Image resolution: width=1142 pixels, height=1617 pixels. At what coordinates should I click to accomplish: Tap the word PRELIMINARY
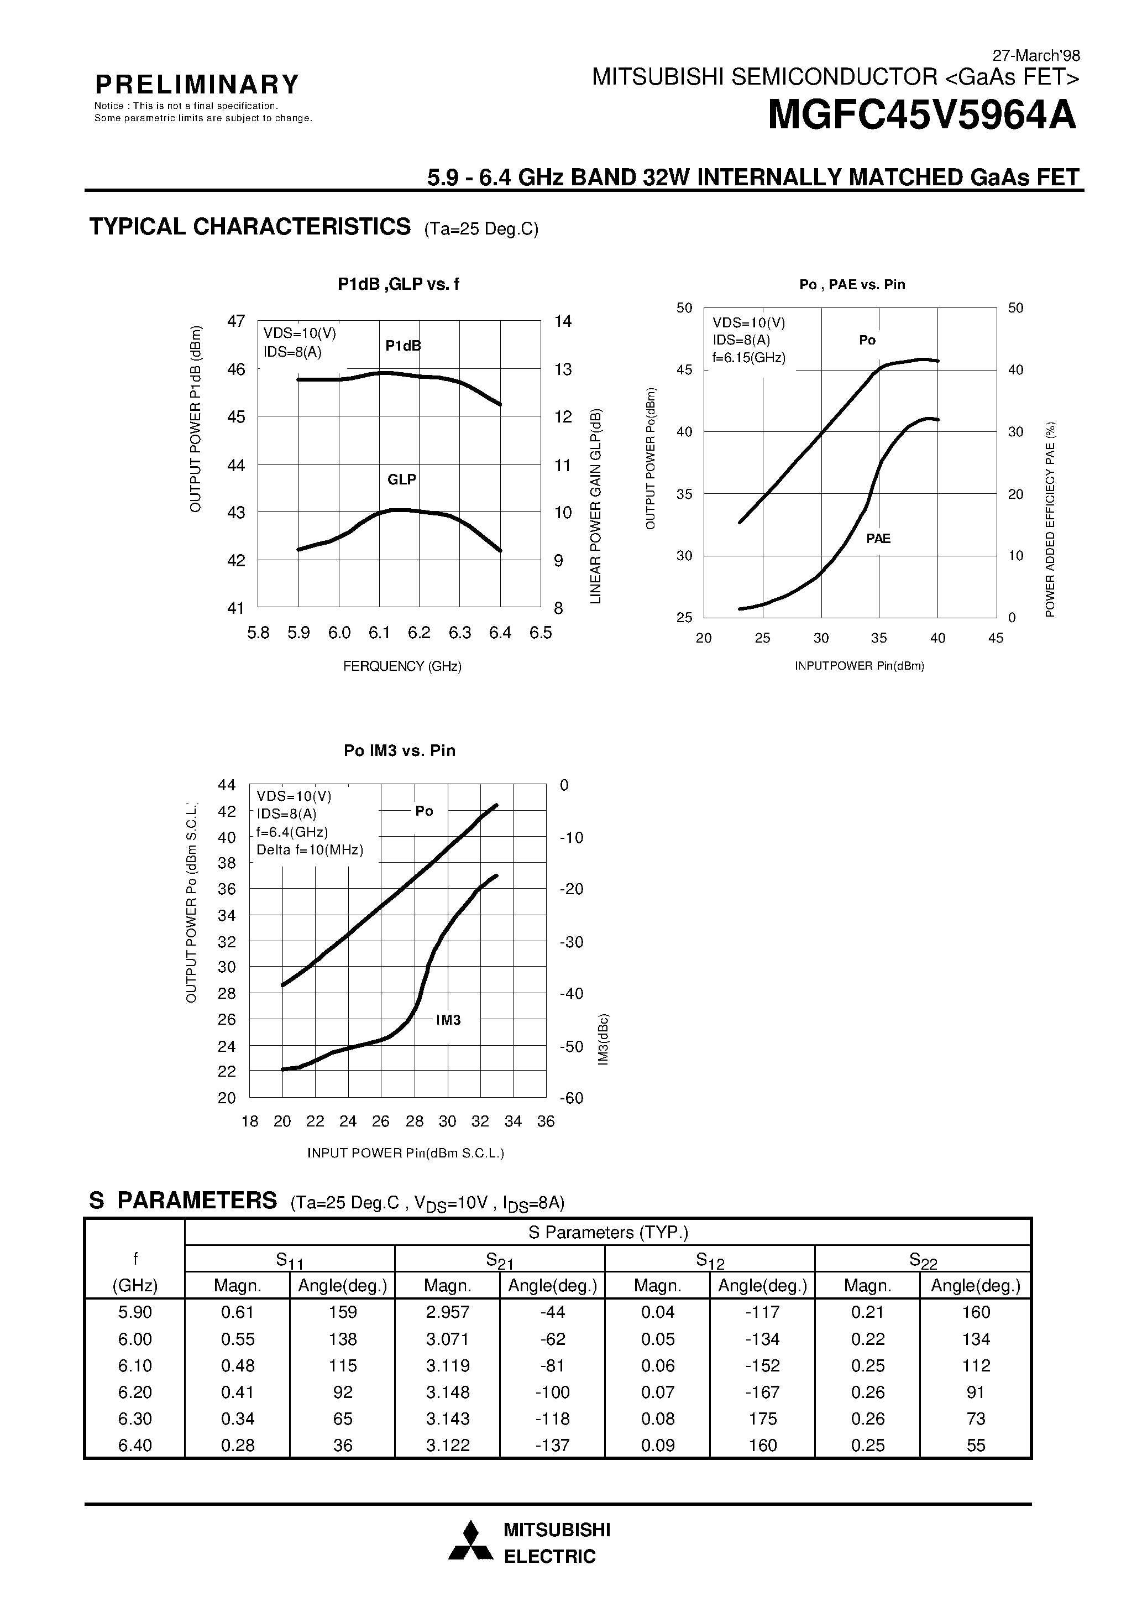(x=197, y=85)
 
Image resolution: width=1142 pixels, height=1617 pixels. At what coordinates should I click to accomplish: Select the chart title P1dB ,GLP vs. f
(x=398, y=285)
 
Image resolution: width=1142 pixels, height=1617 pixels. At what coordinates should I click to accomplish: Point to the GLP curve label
(x=401, y=479)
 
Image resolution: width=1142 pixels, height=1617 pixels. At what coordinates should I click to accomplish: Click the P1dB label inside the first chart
(x=403, y=346)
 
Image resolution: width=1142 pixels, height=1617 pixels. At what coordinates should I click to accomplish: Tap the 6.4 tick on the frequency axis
(x=500, y=633)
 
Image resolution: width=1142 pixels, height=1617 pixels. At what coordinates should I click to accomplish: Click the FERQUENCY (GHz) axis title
(x=402, y=666)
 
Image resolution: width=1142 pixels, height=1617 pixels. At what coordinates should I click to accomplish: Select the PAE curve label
(x=878, y=539)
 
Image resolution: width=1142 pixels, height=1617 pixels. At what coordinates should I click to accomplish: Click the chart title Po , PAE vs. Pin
(x=852, y=285)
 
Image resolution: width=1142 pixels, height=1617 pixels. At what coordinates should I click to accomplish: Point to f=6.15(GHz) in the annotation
(x=748, y=357)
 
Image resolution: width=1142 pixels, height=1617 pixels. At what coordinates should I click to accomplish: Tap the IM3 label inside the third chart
(x=448, y=1020)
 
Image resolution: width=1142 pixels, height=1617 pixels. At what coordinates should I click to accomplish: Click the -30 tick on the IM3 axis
(x=571, y=942)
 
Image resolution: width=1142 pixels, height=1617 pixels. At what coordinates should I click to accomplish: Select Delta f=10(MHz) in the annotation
(x=310, y=850)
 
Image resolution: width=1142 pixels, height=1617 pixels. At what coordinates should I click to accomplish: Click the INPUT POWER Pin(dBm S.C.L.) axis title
(x=406, y=1154)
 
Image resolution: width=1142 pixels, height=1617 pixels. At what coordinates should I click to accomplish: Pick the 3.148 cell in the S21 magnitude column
(x=447, y=1392)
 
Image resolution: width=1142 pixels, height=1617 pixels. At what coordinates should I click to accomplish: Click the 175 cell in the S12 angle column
(x=762, y=1418)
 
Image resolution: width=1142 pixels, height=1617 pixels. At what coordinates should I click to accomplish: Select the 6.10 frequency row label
(x=135, y=1365)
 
